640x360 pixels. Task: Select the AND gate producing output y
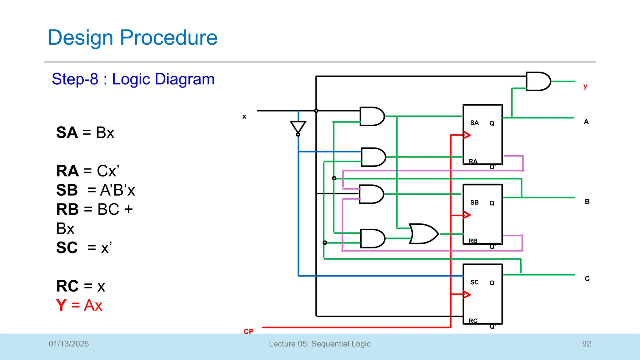537,82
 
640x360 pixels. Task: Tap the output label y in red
585,86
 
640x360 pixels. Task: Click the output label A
586,122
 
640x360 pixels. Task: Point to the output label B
587,202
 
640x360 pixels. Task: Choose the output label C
587,278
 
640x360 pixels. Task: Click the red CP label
248,332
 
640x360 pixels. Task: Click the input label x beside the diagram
244,117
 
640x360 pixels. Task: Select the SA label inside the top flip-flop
474,123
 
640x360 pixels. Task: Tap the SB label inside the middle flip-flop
474,202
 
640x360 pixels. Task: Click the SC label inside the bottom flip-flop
474,282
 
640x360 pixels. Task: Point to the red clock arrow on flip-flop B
466,215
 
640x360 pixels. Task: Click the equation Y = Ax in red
79,305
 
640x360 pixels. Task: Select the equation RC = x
81,286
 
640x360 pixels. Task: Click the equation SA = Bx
85,132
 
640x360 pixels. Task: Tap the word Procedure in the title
168,37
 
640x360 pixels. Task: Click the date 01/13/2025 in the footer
69,344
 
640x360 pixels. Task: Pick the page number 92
586,344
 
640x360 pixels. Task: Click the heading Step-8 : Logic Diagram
133,79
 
